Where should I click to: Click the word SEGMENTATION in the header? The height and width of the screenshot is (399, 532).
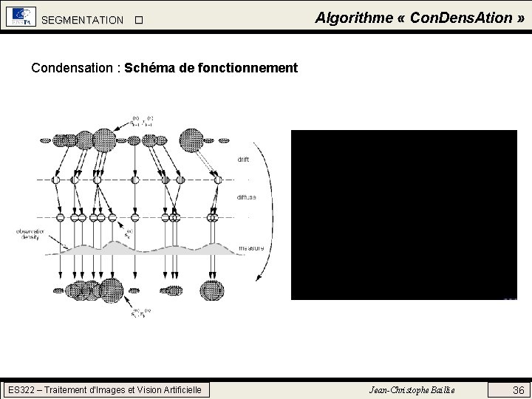[x=83, y=20]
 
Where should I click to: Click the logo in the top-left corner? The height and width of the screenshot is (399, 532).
[x=20, y=17]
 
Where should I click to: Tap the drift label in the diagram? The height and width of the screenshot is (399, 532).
[x=243, y=159]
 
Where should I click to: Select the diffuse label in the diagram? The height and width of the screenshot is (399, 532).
[x=247, y=197]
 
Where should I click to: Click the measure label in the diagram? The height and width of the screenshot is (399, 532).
[x=251, y=248]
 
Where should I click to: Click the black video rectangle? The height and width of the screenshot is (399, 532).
[x=403, y=214]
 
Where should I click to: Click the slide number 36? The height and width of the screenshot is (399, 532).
[x=519, y=389]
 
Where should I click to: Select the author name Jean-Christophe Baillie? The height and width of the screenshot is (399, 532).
[x=412, y=389]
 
